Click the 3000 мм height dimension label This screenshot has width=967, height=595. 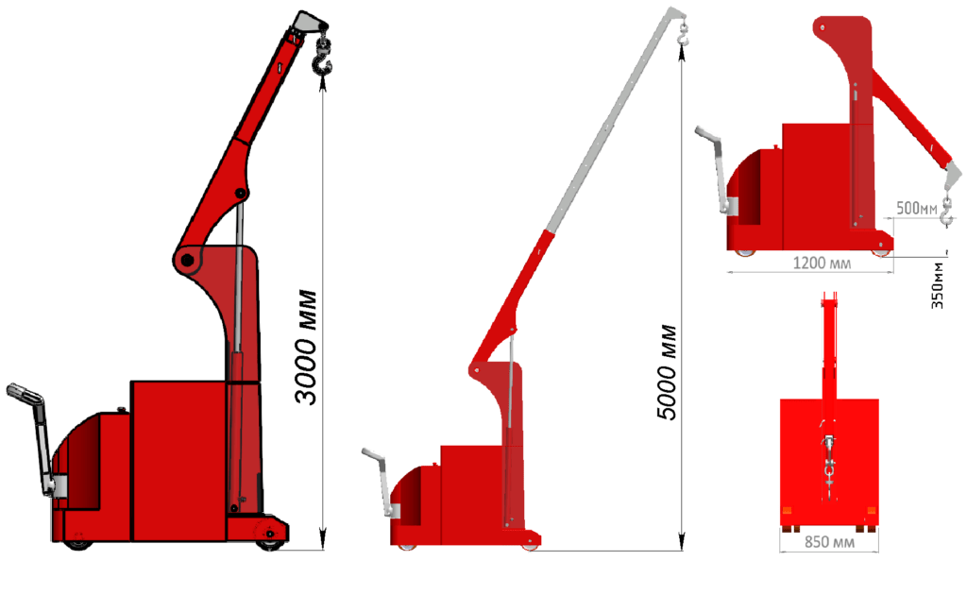point(306,347)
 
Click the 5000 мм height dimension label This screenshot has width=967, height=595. point(667,372)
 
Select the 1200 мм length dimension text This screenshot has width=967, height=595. point(822,263)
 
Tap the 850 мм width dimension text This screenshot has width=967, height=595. point(829,542)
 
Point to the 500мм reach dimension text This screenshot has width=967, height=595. point(916,209)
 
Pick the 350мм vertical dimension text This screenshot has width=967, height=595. point(937,285)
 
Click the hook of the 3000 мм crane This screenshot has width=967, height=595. point(322,58)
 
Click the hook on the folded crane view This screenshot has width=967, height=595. point(947,211)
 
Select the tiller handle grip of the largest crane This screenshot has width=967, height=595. point(25,392)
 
